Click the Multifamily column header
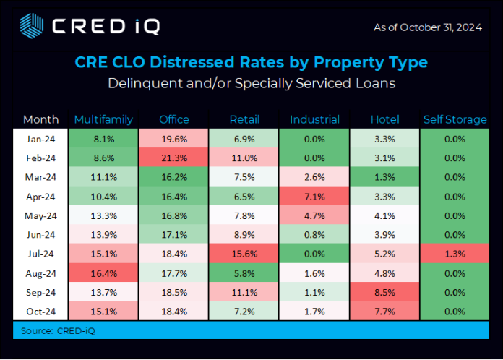tap(103, 119)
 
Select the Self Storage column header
tap(454, 119)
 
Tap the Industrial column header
tap(314, 119)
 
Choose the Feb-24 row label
tap(41, 158)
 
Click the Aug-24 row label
tap(41, 273)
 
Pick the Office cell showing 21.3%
tap(173, 158)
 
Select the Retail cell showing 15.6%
tap(244, 254)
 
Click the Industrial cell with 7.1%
tap(314, 196)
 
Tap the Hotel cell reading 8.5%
tap(384, 292)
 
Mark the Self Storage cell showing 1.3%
tap(454, 254)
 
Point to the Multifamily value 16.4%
tap(103, 273)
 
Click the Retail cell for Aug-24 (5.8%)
tap(244, 273)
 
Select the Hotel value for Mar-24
tap(384, 177)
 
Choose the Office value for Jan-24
tap(173, 139)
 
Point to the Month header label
tap(41, 119)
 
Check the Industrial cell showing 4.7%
tap(314, 215)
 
